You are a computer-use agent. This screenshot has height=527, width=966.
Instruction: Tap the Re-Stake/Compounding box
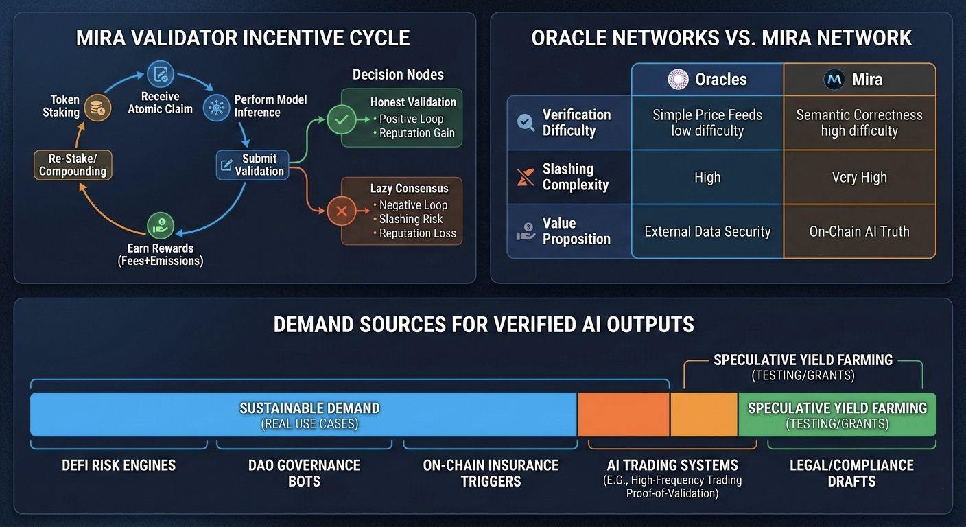pos(73,165)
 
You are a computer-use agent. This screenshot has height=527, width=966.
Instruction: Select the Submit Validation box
pos(252,165)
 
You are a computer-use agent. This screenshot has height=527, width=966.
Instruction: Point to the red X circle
pos(341,212)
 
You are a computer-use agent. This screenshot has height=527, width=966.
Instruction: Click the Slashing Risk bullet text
pos(411,219)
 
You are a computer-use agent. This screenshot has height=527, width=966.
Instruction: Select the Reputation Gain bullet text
pos(417,133)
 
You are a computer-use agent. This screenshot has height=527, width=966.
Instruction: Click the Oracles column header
pos(707,80)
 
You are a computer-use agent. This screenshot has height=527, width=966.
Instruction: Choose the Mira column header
pos(859,80)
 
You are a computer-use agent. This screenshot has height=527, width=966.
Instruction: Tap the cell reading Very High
pos(859,177)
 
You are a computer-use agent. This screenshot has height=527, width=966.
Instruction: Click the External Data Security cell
pos(707,232)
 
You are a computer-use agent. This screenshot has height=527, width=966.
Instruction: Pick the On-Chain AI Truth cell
pos(859,232)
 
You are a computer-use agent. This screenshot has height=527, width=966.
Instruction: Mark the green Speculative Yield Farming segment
pos(837,415)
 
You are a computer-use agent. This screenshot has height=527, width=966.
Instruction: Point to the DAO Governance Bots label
pos(304,472)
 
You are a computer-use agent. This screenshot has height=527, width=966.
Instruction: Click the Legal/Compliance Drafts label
pos(851,472)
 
